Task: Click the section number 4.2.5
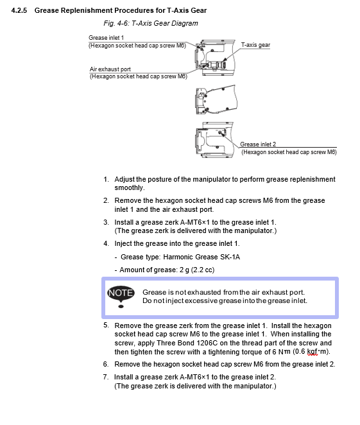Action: point(19,10)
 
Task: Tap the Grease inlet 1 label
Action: point(106,38)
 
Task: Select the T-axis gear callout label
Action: point(255,45)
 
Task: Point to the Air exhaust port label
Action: point(110,69)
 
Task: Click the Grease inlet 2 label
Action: point(258,144)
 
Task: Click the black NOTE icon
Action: point(121,297)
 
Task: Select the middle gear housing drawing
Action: point(216,100)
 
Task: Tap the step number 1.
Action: point(106,179)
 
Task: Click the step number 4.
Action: point(106,244)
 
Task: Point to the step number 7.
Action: point(106,377)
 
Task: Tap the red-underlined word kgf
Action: point(312,352)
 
